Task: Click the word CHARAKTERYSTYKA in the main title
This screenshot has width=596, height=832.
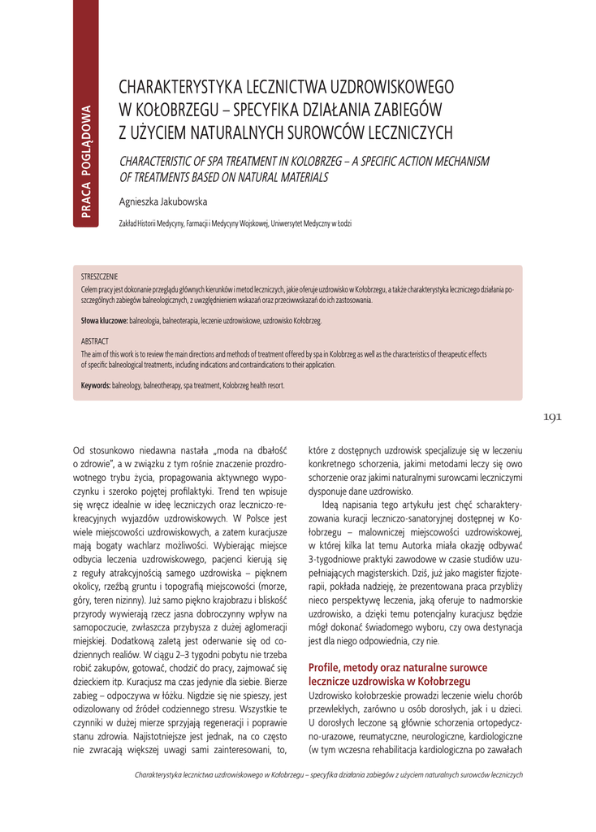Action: point(176,89)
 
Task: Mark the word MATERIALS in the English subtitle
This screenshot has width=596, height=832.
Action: point(299,176)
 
